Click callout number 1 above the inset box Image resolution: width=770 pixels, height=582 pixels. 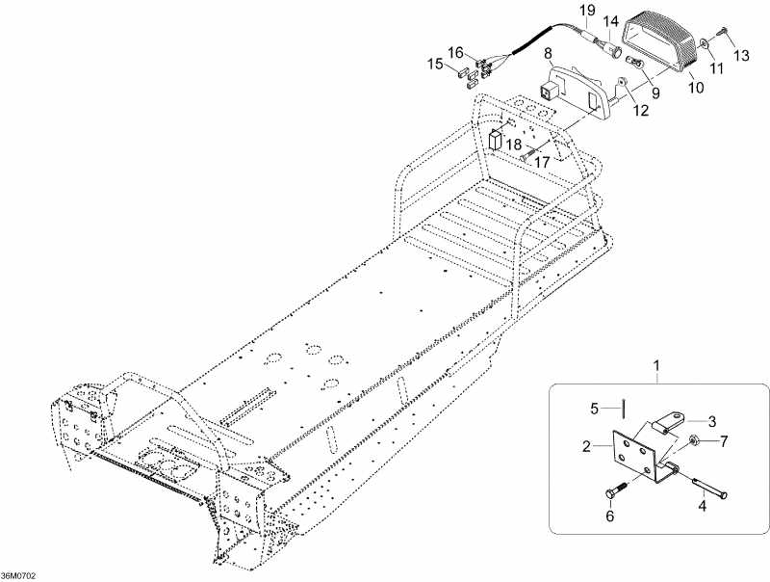point(656,366)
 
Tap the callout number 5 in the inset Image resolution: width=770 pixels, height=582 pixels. point(595,408)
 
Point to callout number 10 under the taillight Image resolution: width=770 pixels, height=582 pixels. point(695,87)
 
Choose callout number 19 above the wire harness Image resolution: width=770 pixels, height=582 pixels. point(584,11)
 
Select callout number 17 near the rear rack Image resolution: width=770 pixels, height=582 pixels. point(541,163)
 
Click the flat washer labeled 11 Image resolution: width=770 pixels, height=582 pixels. point(707,40)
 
